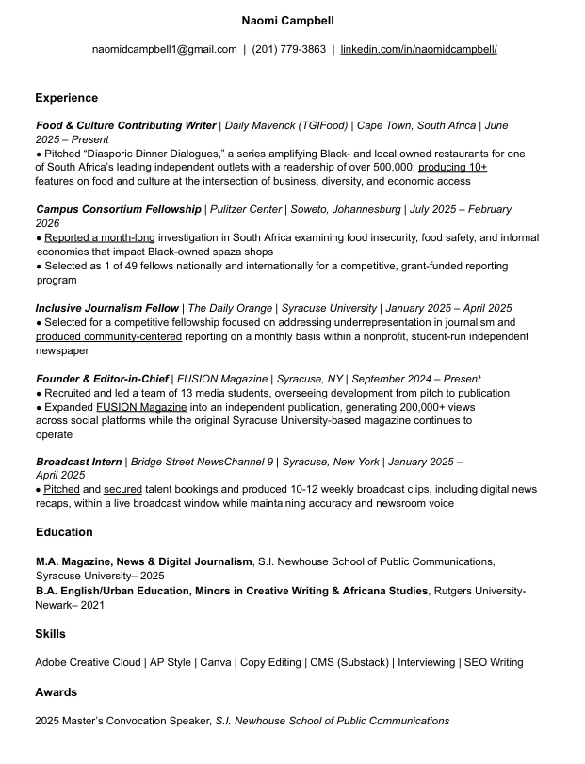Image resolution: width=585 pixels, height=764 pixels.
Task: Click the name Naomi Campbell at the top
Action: click(287, 21)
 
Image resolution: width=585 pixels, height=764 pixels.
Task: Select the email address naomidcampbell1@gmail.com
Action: click(165, 49)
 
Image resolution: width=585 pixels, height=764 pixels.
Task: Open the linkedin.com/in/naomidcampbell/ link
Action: click(418, 49)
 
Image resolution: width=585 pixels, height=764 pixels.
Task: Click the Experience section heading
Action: click(66, 98)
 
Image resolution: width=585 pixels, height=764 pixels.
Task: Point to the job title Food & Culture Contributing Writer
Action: click(126, 125)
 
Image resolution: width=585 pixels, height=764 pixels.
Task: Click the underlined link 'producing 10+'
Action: click(452, 167)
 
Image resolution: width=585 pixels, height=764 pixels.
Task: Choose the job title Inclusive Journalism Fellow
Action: click(107, 308)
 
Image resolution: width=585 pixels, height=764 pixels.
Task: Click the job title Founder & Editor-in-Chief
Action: click(102, 379)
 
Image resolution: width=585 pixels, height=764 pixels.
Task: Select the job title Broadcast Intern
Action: click(79, 462)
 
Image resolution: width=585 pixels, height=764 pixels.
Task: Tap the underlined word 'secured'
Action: click(122, 490)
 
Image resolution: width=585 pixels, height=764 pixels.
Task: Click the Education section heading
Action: click(63, 532)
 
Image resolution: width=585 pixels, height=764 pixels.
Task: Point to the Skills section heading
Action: click(50, 634)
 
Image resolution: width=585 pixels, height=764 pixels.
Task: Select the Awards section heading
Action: click(56, 692)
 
